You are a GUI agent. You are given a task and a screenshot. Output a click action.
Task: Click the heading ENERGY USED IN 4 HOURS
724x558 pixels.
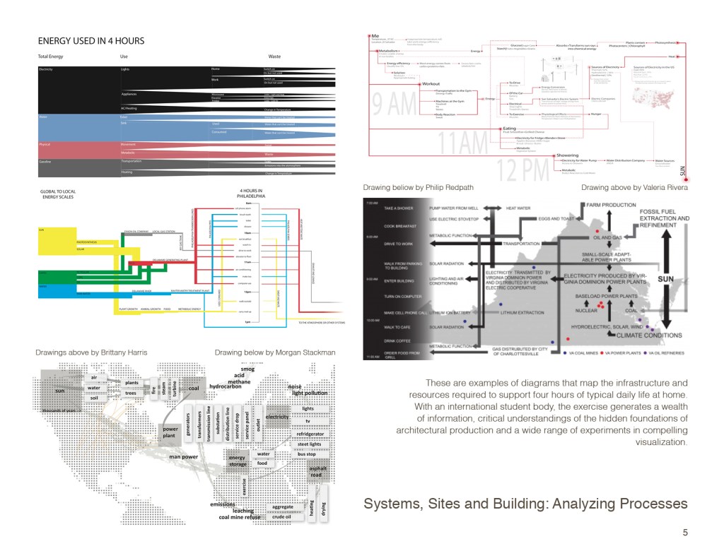point(91,41)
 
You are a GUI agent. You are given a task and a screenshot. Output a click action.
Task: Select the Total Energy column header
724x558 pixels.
point(52,56)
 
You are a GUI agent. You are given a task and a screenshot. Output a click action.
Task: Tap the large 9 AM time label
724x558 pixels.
point(397,104)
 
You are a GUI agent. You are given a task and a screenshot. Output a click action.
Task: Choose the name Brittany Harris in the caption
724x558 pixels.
point(124,352)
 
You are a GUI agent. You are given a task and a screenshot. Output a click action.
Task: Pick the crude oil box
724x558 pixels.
point(287,516)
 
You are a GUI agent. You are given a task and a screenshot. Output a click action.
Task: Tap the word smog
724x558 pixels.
point(247,368)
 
